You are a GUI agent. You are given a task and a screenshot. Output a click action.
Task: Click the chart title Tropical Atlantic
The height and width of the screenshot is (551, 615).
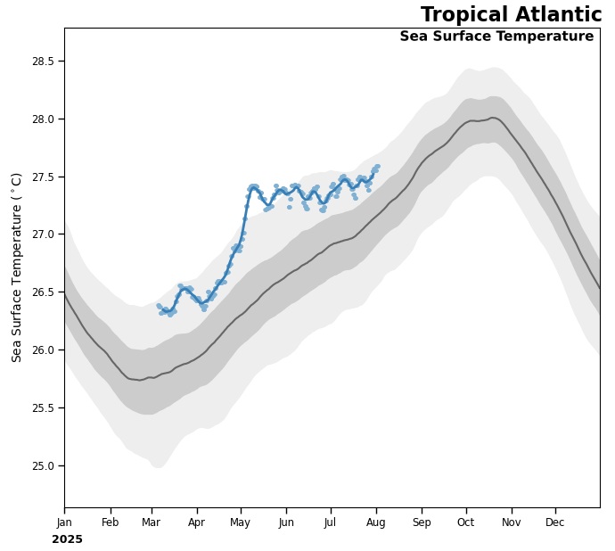click(x=511, y=15)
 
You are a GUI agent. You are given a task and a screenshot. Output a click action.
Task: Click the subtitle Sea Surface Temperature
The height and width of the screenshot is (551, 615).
click(x=496, y=37)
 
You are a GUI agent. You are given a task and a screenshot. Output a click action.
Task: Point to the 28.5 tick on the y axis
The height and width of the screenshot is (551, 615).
click(x=43, y=62)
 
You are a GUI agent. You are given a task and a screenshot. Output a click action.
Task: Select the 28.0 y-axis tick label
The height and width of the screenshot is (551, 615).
click(x=43, y=119)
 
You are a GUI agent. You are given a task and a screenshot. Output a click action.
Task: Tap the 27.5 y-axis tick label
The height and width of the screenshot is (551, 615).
click(x=43, y=177)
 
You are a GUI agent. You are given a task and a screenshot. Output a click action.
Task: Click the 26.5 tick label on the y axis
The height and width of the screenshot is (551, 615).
click(x=43, y=292)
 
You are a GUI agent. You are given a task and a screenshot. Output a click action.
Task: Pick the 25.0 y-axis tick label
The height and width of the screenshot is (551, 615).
click(x=43, y=465)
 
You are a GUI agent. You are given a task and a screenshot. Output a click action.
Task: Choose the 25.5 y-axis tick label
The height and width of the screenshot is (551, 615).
click(x=43, y=408)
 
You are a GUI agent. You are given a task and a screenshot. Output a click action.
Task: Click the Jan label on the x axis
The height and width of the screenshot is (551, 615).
click(x=64, y=522)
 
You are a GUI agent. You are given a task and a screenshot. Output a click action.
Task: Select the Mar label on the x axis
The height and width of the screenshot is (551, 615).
click(x=151, y=522)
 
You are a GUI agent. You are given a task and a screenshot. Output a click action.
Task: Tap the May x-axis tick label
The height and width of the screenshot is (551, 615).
click(x=241, y=522)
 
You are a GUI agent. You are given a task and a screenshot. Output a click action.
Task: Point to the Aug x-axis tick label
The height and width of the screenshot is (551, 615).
click(x=375, y=522)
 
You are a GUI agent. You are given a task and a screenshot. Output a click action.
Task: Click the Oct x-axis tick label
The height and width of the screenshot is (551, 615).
click(x=465, y=522)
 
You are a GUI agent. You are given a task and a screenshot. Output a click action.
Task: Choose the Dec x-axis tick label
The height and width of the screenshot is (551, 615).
click(x=555, y=522)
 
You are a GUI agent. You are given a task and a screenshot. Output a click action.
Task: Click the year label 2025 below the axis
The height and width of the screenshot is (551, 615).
click(x=67, y=539)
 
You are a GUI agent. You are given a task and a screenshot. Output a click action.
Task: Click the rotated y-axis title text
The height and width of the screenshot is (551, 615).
click(x=17, y=267)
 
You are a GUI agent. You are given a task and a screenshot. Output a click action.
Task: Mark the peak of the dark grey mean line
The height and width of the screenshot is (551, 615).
click(x=493, y=118)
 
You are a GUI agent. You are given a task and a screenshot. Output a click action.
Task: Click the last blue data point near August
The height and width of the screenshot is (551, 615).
click(x=377, y=166)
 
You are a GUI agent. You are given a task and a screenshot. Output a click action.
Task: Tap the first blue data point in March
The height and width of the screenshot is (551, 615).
click(x=159, y=306)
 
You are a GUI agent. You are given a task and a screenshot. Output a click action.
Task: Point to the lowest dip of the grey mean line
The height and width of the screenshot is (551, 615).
click(x=139, y=380)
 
